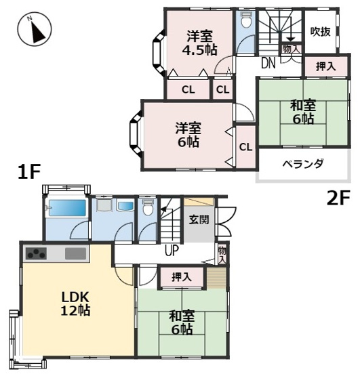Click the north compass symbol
pyautogui.click(x=34, y=31)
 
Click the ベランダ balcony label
pyautogui.click(x=302, y=164)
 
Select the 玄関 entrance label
pyautogui.click(x=199, y=220)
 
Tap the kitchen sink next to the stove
pyautogui.click(x=75, y=254)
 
